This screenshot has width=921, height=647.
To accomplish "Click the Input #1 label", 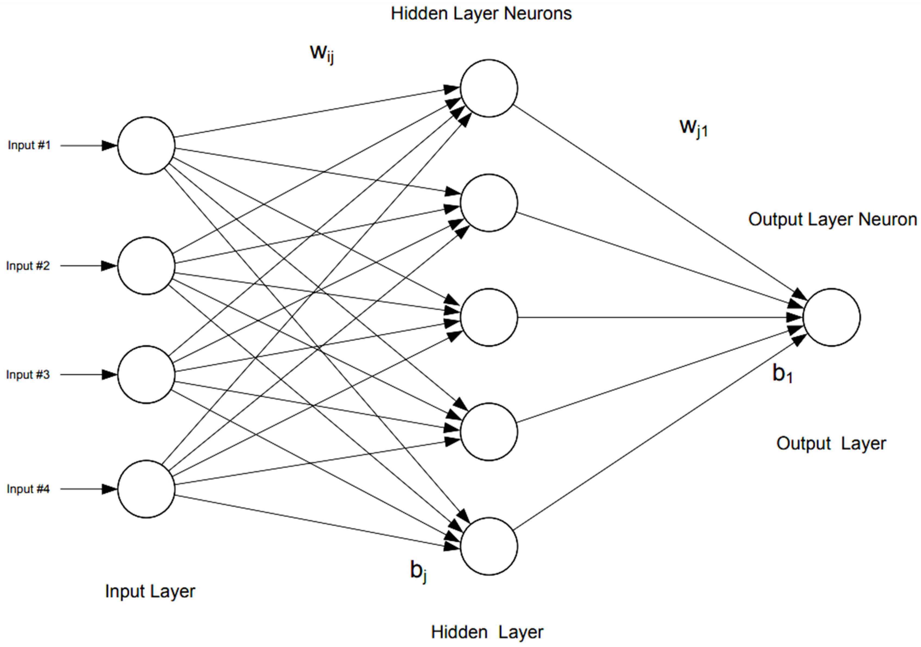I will pos(29,145).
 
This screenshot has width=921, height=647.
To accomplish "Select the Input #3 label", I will pos(28,375).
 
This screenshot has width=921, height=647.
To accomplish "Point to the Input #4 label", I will pos(28,489).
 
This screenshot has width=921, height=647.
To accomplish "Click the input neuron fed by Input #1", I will pos(146,146).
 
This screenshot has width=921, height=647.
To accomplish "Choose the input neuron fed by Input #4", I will pos(146,489).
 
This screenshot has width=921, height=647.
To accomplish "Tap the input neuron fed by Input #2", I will pos(146,265).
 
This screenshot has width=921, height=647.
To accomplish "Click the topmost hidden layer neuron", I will pos(488,88).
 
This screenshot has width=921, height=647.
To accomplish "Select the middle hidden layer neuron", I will pos(488,317).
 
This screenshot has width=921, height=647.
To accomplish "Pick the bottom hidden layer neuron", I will pos(488,546).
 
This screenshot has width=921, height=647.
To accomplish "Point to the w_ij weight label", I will pos(322,53).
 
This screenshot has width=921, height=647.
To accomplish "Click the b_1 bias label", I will pos(782,374).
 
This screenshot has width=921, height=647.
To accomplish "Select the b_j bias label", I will pos(418,570).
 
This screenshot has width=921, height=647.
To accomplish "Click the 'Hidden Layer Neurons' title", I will pos(481,14).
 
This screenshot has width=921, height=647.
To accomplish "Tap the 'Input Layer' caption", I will pos(150,592).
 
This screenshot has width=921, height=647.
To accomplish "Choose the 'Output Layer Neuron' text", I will pos(832,219).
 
